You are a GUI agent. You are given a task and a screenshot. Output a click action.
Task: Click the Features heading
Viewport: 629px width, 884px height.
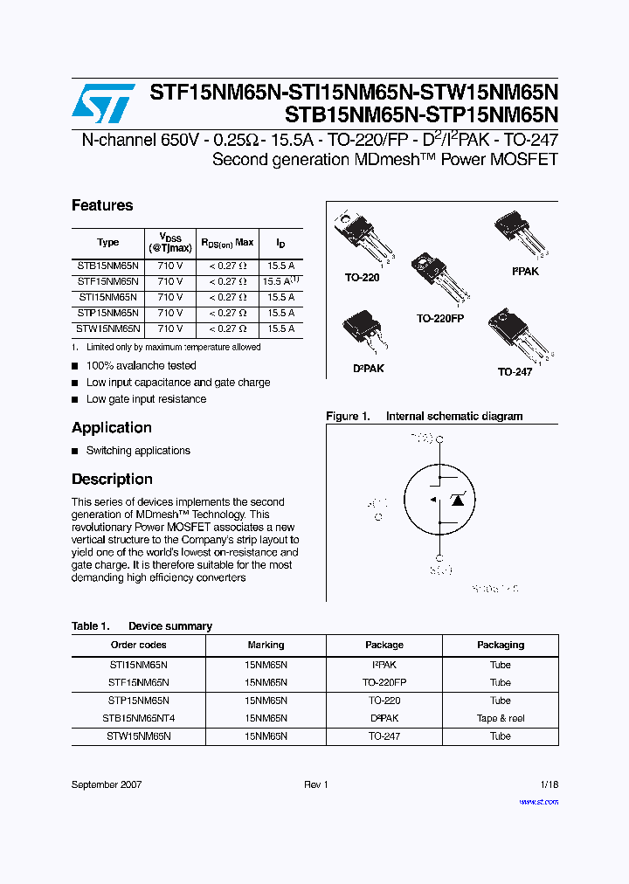point(102,205)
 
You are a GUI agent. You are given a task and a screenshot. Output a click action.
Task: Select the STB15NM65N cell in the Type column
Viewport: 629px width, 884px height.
point(107,266)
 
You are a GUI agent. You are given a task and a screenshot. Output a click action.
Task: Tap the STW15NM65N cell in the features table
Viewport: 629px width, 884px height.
point(107,328)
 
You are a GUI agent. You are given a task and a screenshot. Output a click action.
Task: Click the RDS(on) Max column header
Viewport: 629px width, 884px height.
point(227,242)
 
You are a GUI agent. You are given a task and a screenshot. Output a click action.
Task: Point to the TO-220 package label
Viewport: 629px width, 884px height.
point(362,277)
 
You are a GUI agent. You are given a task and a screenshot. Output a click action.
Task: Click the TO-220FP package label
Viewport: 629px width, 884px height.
point(439,319)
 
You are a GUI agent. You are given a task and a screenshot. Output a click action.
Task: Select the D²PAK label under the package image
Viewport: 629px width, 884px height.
point(368,369)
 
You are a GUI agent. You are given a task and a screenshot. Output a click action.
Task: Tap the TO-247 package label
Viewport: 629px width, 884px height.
point(515,372)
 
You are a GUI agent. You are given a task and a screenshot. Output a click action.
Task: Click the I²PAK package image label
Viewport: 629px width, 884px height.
point(525,272)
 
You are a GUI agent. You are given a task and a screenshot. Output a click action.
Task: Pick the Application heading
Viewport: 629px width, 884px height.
point(112,427)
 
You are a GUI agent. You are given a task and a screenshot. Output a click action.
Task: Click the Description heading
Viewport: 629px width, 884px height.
point(112,479)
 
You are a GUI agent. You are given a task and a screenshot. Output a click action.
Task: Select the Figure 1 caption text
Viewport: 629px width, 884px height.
point(424,417)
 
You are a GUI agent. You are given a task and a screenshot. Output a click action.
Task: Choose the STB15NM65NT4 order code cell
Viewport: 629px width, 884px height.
point(138,718)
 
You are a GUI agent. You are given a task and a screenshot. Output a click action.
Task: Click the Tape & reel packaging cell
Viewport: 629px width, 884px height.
point(500,718)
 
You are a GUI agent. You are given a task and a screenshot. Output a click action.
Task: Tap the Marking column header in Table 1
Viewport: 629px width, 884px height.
point(266,645)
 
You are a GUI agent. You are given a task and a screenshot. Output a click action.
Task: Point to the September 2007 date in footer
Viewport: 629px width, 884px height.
point(106,785)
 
